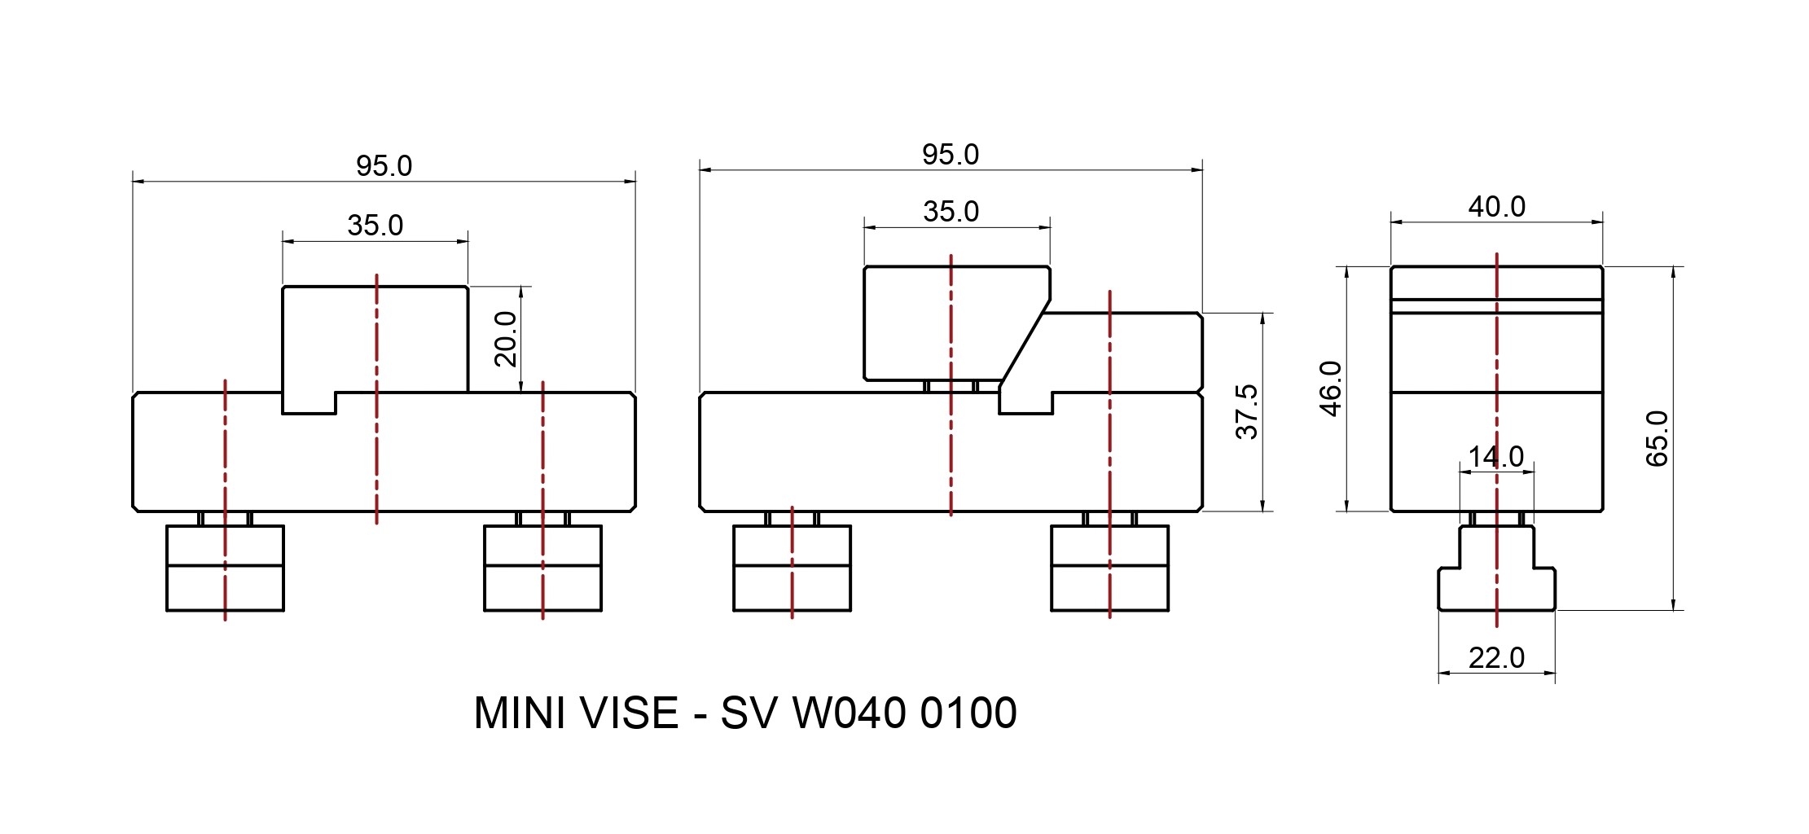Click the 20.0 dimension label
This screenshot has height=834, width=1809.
[506, 339]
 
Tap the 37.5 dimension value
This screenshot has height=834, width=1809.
[1247, 412]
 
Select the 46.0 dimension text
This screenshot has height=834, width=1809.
[1330, 388]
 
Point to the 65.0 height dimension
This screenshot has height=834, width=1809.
[1658, 438]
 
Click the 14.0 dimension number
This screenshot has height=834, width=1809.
[1495, 456]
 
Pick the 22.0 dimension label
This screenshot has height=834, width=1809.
[1496, 657]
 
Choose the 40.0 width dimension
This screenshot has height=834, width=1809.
[1496, 207]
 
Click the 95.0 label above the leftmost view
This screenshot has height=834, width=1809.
[384, 166]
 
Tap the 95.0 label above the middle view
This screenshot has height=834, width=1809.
[950, 155]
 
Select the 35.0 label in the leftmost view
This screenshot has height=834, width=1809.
[375, 226]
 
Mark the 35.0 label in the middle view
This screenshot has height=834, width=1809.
[951, 212]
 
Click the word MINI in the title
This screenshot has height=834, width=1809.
[518, 713]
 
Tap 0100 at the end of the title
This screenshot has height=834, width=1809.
[968, 713]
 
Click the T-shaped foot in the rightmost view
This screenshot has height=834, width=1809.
[1496, 578]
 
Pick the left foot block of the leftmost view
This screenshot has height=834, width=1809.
[225, 568]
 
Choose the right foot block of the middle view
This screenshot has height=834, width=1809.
[1109, 568]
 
